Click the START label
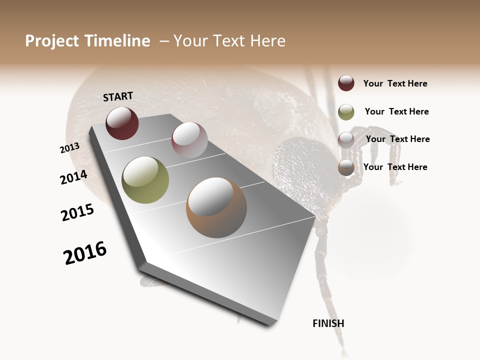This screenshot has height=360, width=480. click(118, 96)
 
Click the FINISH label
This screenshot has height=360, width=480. click(328, 323)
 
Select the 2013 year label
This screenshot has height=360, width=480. click(69, 147)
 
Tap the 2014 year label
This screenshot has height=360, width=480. click(73, 177)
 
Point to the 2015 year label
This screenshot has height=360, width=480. click(77, 212)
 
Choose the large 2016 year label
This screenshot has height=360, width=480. click(85, 253)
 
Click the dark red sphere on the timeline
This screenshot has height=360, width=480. click(122, 123)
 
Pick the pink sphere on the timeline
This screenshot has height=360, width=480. click(189, 140)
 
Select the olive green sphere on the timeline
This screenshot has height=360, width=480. click(145, 180)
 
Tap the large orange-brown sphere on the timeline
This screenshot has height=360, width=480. click(216, 207)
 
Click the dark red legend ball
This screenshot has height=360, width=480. click(346, 83)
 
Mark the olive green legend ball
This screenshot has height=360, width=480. click(346, 112)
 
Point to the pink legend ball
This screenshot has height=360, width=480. click(346, 139)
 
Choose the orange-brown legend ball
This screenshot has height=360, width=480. click(346, 167)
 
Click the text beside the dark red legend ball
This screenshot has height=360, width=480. click(395, 83)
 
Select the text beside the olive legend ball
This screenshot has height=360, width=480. click(396, 111)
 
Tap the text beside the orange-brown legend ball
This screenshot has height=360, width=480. click(395, 167)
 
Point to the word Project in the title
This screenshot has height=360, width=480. click(52, 41)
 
